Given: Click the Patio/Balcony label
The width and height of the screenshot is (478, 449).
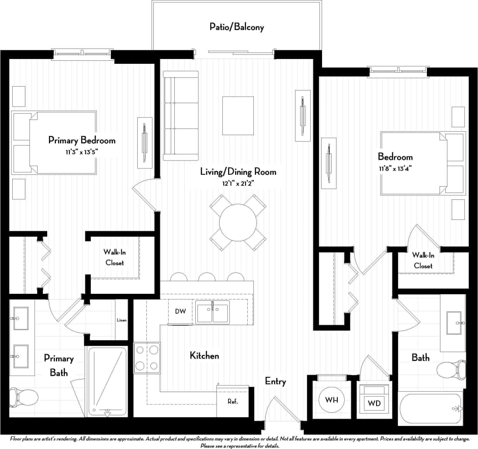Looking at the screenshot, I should pyautogui.click(x=236, y=27).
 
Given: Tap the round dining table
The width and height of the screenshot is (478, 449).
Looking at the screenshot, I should pyautogui.click(x=238, y=223).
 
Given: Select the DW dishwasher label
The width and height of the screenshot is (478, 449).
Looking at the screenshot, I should pyautogui.click(x=180, y=312).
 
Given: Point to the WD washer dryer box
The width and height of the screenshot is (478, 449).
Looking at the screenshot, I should pyautogui.click(x=374, y=403).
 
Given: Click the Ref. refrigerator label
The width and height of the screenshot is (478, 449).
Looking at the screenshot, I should pyautogui.click(x=232, y=401).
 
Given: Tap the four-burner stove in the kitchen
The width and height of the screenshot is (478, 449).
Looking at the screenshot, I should pyautogui.click(x=147, y=358).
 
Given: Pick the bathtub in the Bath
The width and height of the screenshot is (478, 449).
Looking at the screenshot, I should pyautogui.click(x=430, y=409).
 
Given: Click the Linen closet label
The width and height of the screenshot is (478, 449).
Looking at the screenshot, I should pyautogui.click(x=121, y=320).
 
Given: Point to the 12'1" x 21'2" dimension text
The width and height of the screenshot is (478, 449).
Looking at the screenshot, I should pyautogui.click(x=238, y=183).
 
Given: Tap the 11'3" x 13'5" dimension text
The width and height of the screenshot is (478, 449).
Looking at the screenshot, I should pyautogui.click(x=82, y=152).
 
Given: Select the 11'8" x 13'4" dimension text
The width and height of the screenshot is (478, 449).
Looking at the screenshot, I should pyautogui.click(x=395, y=168).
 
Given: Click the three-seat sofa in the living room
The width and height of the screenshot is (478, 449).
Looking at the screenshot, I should pyautogui.click(x=181, y=116).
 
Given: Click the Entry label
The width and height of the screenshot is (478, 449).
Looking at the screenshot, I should pyautogui.click(x=275, y=381).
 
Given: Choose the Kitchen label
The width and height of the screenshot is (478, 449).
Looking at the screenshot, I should pyautogui.click(x=204, y=355).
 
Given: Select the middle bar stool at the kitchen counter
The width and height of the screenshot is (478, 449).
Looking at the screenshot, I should pyautogui.click(x=207, y=277).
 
